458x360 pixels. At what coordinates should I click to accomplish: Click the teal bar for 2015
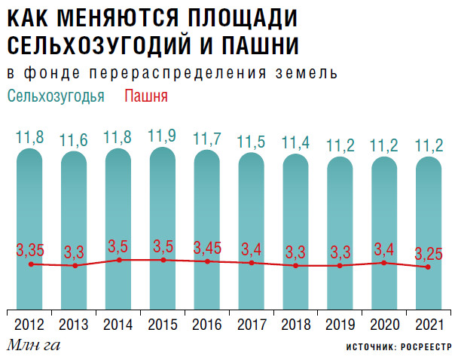click(x=163, y=226)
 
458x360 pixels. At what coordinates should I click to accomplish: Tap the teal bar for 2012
click(x=30, y=226)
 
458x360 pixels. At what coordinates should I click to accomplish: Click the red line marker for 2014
click(x=119, y=260)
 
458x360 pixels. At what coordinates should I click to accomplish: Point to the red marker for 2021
click(x=428, y=267)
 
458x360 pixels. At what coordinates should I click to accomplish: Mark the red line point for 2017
click(x=252, y=263)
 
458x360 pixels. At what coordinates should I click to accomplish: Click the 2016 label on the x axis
click(x=207, y=325)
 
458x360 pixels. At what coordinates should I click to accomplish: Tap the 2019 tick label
click(x=340, y=325)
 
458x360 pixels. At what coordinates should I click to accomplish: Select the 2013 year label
click(x=75, y=325)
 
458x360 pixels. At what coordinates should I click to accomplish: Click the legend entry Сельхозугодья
click(x=56, y=96)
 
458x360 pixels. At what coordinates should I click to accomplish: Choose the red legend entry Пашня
click(x=145, y=96)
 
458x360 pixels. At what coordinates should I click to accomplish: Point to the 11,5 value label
click(x=252, y=142)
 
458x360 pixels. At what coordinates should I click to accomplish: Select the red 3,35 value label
click(x=31, y=249)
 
